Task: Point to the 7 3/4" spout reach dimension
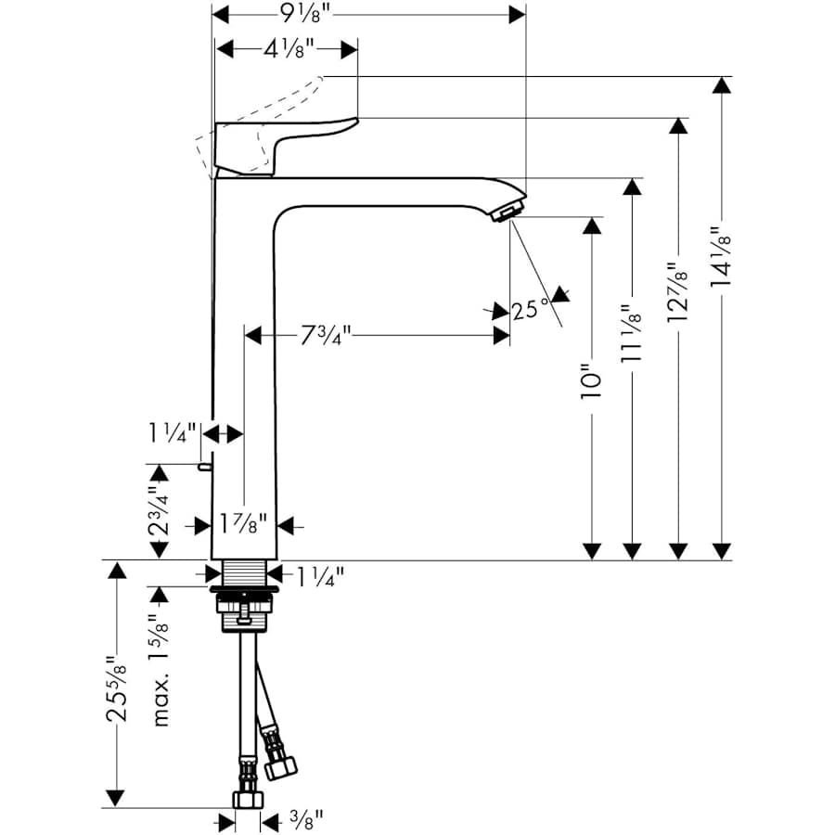(x=326, y=336)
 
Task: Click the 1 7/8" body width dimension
(x=244, y=524)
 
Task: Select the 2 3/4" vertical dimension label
(x=160, y=510)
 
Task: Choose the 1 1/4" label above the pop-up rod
(x=172, y=433)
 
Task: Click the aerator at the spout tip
(x=504, y=214)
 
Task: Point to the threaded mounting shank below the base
(x=246, y=573)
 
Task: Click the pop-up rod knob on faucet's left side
(x=202, y=467)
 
